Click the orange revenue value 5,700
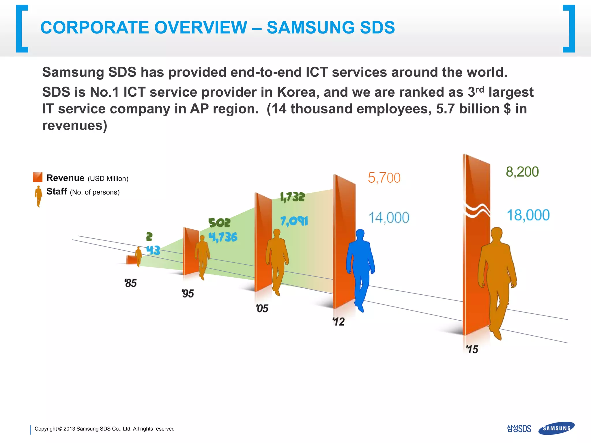[x=384, y=178]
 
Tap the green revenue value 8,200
[x=522, y=172]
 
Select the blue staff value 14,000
[x=389, y=218]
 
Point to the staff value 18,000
[x=528, y=215]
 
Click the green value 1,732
[x=292, y=197]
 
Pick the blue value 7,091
[x=294, y=221]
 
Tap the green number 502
[x=219, y=223]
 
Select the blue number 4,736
[x=223, y=237]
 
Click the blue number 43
[x=153, y=250]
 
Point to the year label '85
[x=130, y=283]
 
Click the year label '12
[x=338, y=321]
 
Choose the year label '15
[x=472, y=349]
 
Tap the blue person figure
[x=360, y=268]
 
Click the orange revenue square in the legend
[x=38, y=177]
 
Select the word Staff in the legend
[x=57, y=191]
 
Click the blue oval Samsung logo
[x=556, y=428]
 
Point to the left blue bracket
[x=22, y=29]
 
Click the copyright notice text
[x=104, y=429]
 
